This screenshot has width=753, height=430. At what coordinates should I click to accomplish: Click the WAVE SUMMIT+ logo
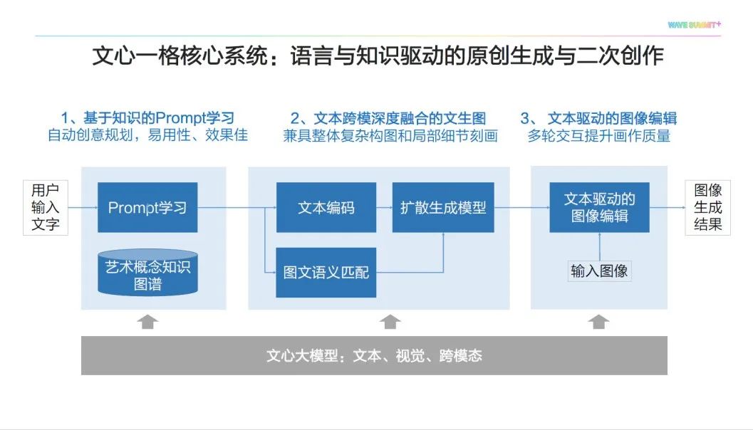coord(694,25)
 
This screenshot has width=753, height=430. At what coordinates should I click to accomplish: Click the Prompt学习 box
coord(147,208)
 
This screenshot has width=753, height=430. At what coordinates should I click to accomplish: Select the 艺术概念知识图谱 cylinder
coord(147,273)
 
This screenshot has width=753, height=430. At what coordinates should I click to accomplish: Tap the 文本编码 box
coord(326,208)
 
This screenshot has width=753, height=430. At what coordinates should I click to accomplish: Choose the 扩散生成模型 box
coord(443,208)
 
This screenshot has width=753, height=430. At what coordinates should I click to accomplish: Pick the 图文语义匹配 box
coord(326,272)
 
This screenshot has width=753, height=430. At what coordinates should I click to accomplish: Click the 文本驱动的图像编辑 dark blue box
coord(599,207)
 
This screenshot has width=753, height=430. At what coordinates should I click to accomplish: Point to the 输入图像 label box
coord(599,271)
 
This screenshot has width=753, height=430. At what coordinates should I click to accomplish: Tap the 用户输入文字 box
coord(46,208)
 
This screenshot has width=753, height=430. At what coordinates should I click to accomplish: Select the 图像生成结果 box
coord(708,208)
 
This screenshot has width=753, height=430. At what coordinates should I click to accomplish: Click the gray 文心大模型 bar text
coord(374,355)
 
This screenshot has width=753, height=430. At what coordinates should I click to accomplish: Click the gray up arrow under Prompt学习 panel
coord(147,322)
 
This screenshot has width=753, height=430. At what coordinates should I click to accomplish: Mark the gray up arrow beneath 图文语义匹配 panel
coord(390,322)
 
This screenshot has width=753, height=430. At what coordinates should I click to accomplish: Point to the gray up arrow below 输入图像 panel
coord(598,322)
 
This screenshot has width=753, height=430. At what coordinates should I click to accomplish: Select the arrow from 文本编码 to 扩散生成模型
coord(384,208)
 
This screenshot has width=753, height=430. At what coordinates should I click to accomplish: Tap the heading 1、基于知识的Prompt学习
coord(147,117)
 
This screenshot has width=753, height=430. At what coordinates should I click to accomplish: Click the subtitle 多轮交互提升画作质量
coord(599,135)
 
